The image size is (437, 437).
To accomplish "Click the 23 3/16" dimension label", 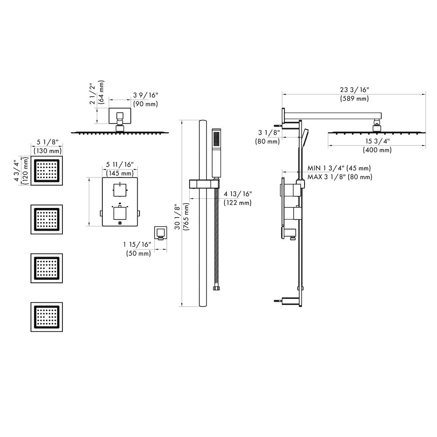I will pyautogui.click(x=354, y=90).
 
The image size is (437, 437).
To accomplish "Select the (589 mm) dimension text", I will pyautogui.click(x=354, y=99).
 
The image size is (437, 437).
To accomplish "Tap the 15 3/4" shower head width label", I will pyautogui.click(x=377, y=141).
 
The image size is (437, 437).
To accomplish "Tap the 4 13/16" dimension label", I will pyautogui.click(x=238, y=194).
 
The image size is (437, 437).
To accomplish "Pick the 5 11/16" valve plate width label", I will pyautogui.click(x=120, y=164).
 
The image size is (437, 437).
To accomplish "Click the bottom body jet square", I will pyautogui.click(x=46, y=317).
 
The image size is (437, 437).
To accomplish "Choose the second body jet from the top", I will pyautogui.click(x=46, y=219).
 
